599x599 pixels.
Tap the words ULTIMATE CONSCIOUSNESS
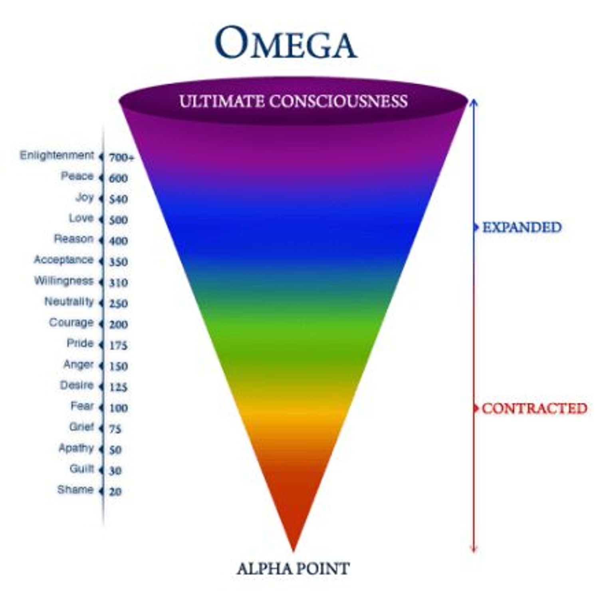tap(294, 101)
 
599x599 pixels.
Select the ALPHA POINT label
tap(293, 568)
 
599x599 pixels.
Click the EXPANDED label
tap(522, 227)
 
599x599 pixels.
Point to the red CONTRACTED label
tap(534, 408)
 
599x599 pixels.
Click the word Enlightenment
tap(57, 155)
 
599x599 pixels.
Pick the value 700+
tap(122, 158)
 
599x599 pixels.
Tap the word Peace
tap(77, 176)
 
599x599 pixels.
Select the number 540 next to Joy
tap(119, 199)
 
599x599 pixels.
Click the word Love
tap(81, 218)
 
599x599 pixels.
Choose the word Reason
tap(73, 239)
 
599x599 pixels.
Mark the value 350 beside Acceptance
tap(119, 262)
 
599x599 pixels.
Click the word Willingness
tap(64, 281)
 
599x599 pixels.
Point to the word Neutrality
tap(69, 301)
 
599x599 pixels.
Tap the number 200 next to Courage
tap(119, 324)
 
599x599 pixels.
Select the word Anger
tap(78, 365)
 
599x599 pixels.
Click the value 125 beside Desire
tap(119, 387)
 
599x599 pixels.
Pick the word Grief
tap(81, 426)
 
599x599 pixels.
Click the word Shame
tap(75, 489)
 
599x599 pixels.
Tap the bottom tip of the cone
tap(294, 551)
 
